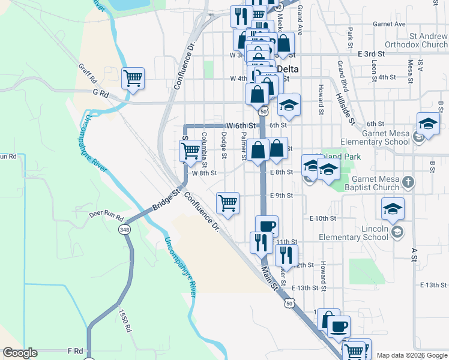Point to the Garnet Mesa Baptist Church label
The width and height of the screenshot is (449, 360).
pos(368,183)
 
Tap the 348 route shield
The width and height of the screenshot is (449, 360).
pos(125,230)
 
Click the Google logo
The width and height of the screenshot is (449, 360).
pos(20,353)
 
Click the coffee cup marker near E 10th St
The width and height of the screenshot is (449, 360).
pos(267,226)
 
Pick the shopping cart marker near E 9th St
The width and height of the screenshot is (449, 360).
pos(228,203)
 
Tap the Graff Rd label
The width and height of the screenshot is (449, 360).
pos(87,74)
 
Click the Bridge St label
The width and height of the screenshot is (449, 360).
pos(166,199)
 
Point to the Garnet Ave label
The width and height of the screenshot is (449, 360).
pos(389,25)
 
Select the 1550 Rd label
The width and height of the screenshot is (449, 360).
pos(125,321)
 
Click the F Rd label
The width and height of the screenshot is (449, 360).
pos(74,350)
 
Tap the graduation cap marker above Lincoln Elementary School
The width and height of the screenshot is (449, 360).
pos(393,209)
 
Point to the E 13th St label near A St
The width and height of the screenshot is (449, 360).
pos(435,284)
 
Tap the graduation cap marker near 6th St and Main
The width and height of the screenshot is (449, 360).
pos(289,105)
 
